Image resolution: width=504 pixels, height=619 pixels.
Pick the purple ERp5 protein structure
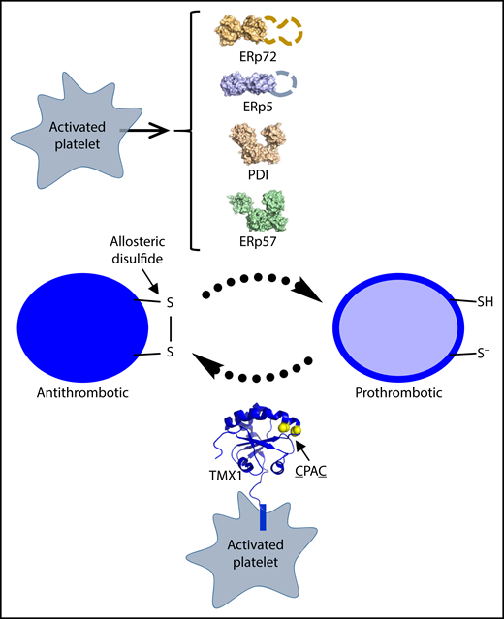(x=246, y=89)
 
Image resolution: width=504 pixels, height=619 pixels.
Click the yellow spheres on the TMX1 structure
(x=288, y=427)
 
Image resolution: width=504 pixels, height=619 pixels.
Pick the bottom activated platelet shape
(x=252, y=559)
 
